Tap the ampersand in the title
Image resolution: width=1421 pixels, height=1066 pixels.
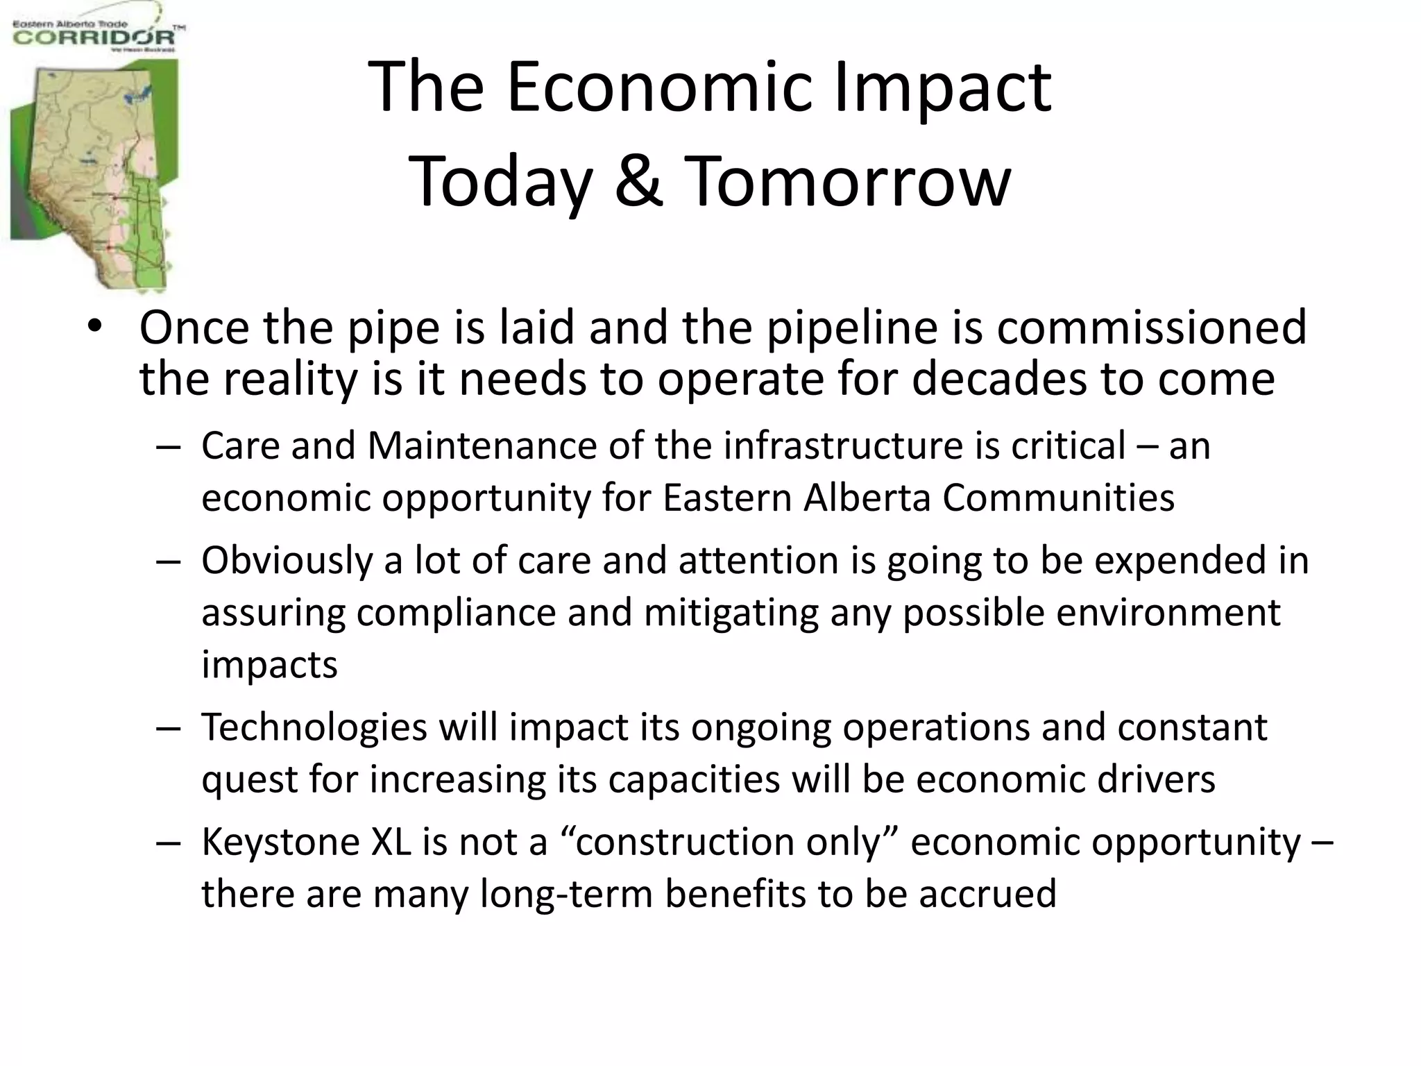[x=638, y=182]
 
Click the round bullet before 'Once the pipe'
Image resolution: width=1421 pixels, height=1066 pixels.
[x=95, y=328]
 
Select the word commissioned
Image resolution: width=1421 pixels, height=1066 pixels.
[x=1152, y=328]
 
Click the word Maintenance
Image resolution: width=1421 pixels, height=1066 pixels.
[x=482, y=446]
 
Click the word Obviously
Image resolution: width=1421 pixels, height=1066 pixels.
[x=287, y=561]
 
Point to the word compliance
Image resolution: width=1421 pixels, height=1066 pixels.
[x=457, y=613]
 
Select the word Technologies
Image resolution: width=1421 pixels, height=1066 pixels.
[x=314, y=727]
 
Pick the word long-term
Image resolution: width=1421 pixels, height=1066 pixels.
[x=566, y=894]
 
